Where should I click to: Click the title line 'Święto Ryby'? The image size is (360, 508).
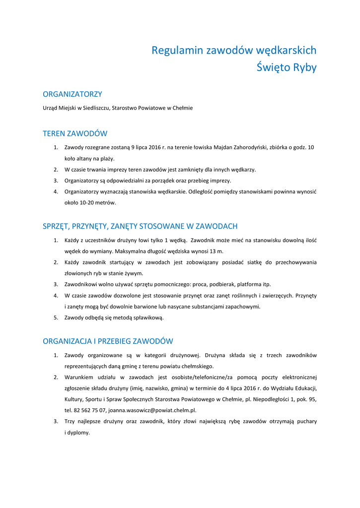pos(287,67)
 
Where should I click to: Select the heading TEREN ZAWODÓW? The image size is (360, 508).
pos(75,133)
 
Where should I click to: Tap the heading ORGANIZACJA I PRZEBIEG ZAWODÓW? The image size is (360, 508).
pos(108,341)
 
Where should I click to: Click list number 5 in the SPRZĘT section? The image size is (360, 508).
pos(56,317)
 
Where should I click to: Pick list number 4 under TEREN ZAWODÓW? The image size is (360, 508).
pos(56,191)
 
